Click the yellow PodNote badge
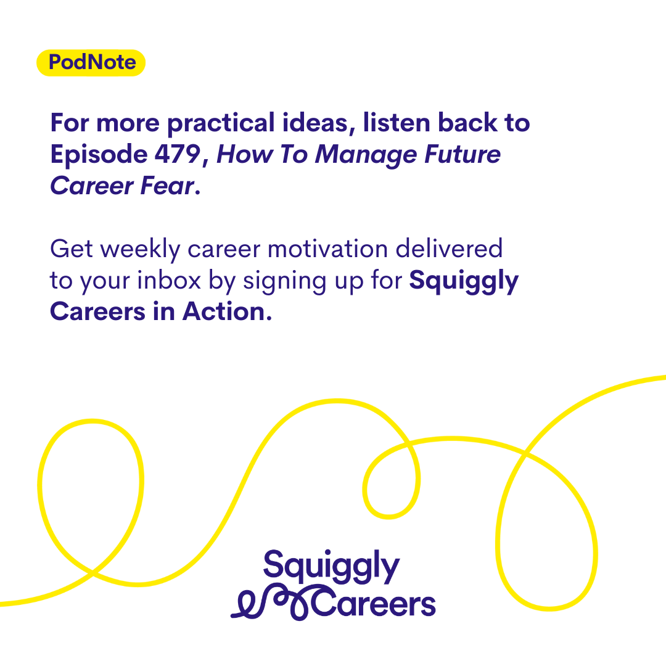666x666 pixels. click(91, 63)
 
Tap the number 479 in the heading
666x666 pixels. click(178, 154)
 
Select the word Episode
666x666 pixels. click(99, 155)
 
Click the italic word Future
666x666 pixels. click(462, 154)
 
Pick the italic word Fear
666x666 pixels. click(167, 186)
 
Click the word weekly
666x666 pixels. click(141, 250)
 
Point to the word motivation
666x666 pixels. click(328, 249)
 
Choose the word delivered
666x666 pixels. click(449, 249)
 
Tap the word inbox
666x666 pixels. click(169, 281)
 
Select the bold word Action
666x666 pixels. click(227, 312)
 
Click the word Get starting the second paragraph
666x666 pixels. click(72, 249)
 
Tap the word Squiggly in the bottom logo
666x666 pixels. click(331, 567)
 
